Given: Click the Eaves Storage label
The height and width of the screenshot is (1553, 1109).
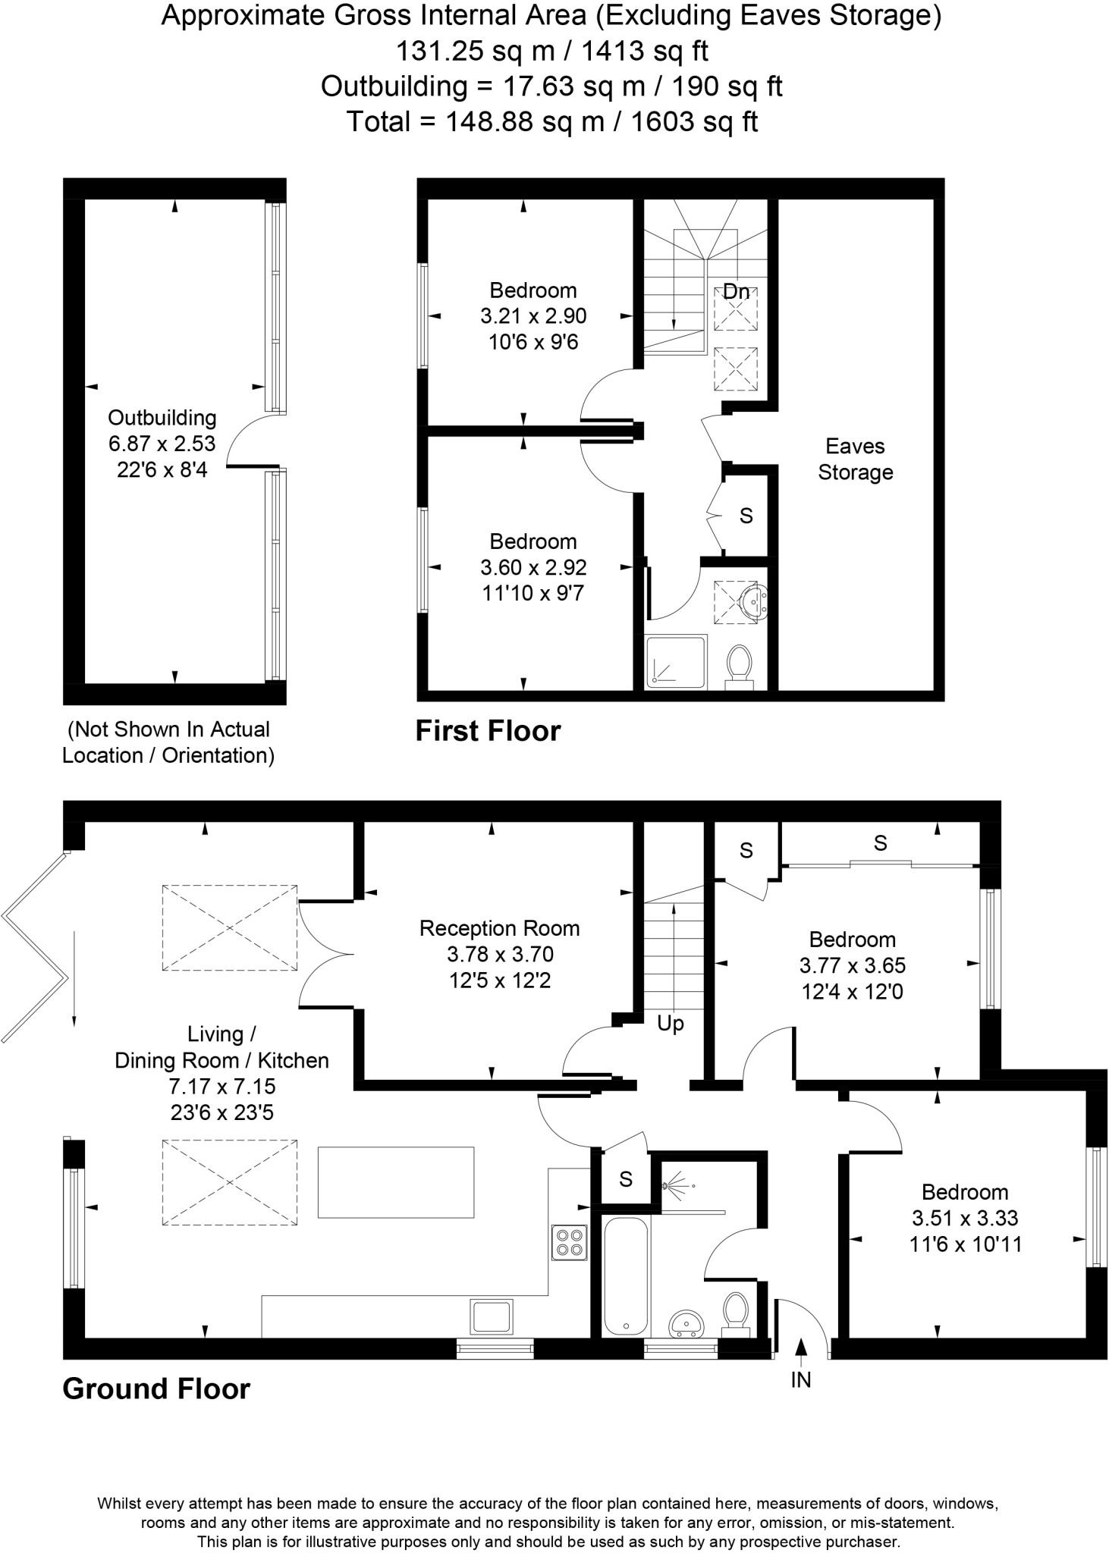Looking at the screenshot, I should pos(855,459).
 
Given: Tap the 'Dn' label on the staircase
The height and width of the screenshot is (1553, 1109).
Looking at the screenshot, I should pos(735,291).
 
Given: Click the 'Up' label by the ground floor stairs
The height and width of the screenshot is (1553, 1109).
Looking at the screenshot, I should pos(670,1024).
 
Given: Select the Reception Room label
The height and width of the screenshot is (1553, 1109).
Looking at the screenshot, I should pos(499,928).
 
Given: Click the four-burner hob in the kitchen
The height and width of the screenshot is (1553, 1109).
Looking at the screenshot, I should pos(569,1241).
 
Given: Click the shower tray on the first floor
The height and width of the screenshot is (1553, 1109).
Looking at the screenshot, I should pos(675,661).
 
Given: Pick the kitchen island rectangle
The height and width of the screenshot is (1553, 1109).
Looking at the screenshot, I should pos(395,1182).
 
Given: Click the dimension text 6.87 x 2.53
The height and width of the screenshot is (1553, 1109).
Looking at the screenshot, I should pos(162,444).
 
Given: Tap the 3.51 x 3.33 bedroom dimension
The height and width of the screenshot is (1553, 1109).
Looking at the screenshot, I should pos(964,1218).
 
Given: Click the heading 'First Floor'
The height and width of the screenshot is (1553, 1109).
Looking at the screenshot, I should pos(488,731).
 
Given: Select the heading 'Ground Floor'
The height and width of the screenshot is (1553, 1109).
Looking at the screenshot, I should pos(156,1388).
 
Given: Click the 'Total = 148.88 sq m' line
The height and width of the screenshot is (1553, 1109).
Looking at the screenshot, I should pos(551,121).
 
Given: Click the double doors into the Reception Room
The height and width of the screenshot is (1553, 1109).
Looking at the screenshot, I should pos(326,953).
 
